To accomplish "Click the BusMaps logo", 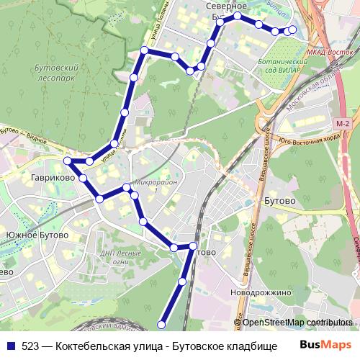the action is pos(326,345).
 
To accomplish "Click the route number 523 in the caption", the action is pos(30,346).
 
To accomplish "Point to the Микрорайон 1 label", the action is pos(155,186).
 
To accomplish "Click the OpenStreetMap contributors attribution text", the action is pos(297,323).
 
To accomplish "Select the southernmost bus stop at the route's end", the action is pos(162,325).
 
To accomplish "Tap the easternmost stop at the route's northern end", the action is pos(292,30).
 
